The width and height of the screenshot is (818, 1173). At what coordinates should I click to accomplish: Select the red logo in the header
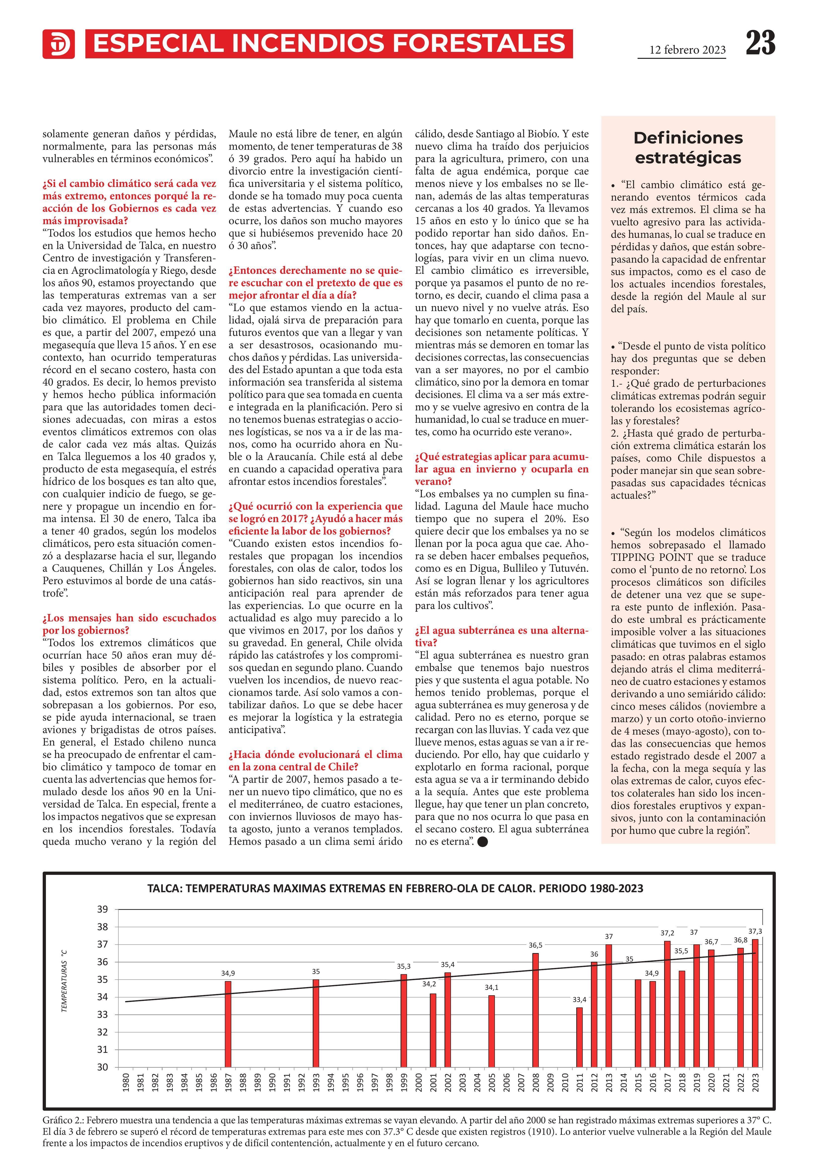click(58, 44)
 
